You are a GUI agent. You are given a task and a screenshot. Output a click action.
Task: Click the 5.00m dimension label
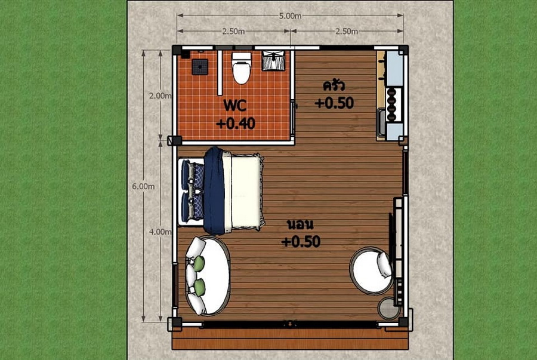point(290,16)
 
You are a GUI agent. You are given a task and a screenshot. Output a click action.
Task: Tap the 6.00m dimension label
point(143,186)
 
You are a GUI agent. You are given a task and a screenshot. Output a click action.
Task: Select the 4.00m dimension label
point(160,232)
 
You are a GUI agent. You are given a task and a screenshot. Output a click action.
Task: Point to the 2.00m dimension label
point(160,96)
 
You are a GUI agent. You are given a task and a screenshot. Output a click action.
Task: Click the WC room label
point(235,105)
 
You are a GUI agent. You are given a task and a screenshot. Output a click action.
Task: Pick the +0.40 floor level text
point(236,123)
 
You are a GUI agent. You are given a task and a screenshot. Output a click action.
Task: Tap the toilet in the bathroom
point(242,67)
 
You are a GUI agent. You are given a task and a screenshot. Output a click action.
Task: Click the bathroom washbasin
point(273,61)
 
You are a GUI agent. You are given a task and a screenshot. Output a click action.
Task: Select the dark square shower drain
point(200,67)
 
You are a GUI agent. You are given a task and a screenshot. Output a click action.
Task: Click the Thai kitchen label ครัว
point(334,85)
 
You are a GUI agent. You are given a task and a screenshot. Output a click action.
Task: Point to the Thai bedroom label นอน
point(300,224)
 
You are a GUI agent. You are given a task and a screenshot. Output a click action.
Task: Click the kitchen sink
point(381,122)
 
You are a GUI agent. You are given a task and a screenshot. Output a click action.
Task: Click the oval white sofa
point(208,276)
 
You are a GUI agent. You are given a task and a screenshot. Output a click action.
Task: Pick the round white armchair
point(371,270)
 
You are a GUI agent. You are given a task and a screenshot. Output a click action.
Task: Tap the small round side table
point(389,308)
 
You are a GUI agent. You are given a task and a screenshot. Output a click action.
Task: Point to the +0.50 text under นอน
point(301,241)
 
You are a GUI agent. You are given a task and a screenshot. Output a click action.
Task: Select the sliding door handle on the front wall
point(290,322)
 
